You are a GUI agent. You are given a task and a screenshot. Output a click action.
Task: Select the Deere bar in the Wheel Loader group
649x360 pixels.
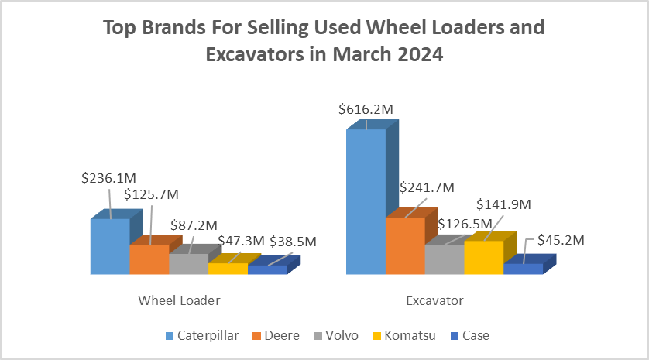coord(149,259)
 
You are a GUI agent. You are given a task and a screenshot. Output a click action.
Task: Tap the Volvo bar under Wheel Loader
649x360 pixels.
coord(188,264)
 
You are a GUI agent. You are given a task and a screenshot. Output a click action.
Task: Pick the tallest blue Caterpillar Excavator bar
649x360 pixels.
coord(366,201)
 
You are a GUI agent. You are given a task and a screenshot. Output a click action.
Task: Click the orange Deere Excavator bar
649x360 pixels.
coord(405,245)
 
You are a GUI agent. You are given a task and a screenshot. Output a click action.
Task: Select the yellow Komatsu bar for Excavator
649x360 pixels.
coord(483,257)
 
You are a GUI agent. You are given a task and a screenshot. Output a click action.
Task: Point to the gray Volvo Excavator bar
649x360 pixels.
coord(444,259)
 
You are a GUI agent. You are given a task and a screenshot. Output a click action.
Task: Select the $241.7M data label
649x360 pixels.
coord(427,187)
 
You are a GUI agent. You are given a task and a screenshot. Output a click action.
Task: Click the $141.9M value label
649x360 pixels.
coord(503,204)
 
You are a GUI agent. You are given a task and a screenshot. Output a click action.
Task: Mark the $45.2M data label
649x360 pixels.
coord(557,240)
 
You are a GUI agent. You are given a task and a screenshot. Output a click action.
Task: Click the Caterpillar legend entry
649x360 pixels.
coord(201,335)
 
